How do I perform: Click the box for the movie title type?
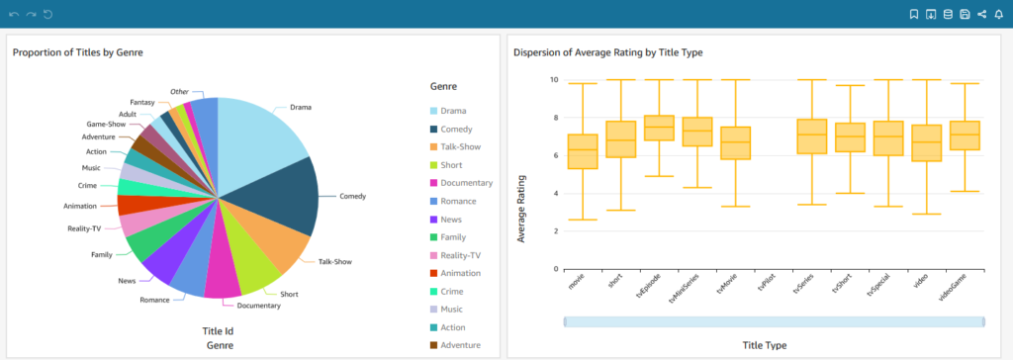click(x=583, y=151)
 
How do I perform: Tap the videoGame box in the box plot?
click(x=965, y=135)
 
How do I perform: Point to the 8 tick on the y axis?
click(x=554, y=118)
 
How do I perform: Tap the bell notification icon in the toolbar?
click(x=998, y=14)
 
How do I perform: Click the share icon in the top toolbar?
click(x=981, y=14)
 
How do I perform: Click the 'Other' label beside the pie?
click(x=179, y=92)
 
